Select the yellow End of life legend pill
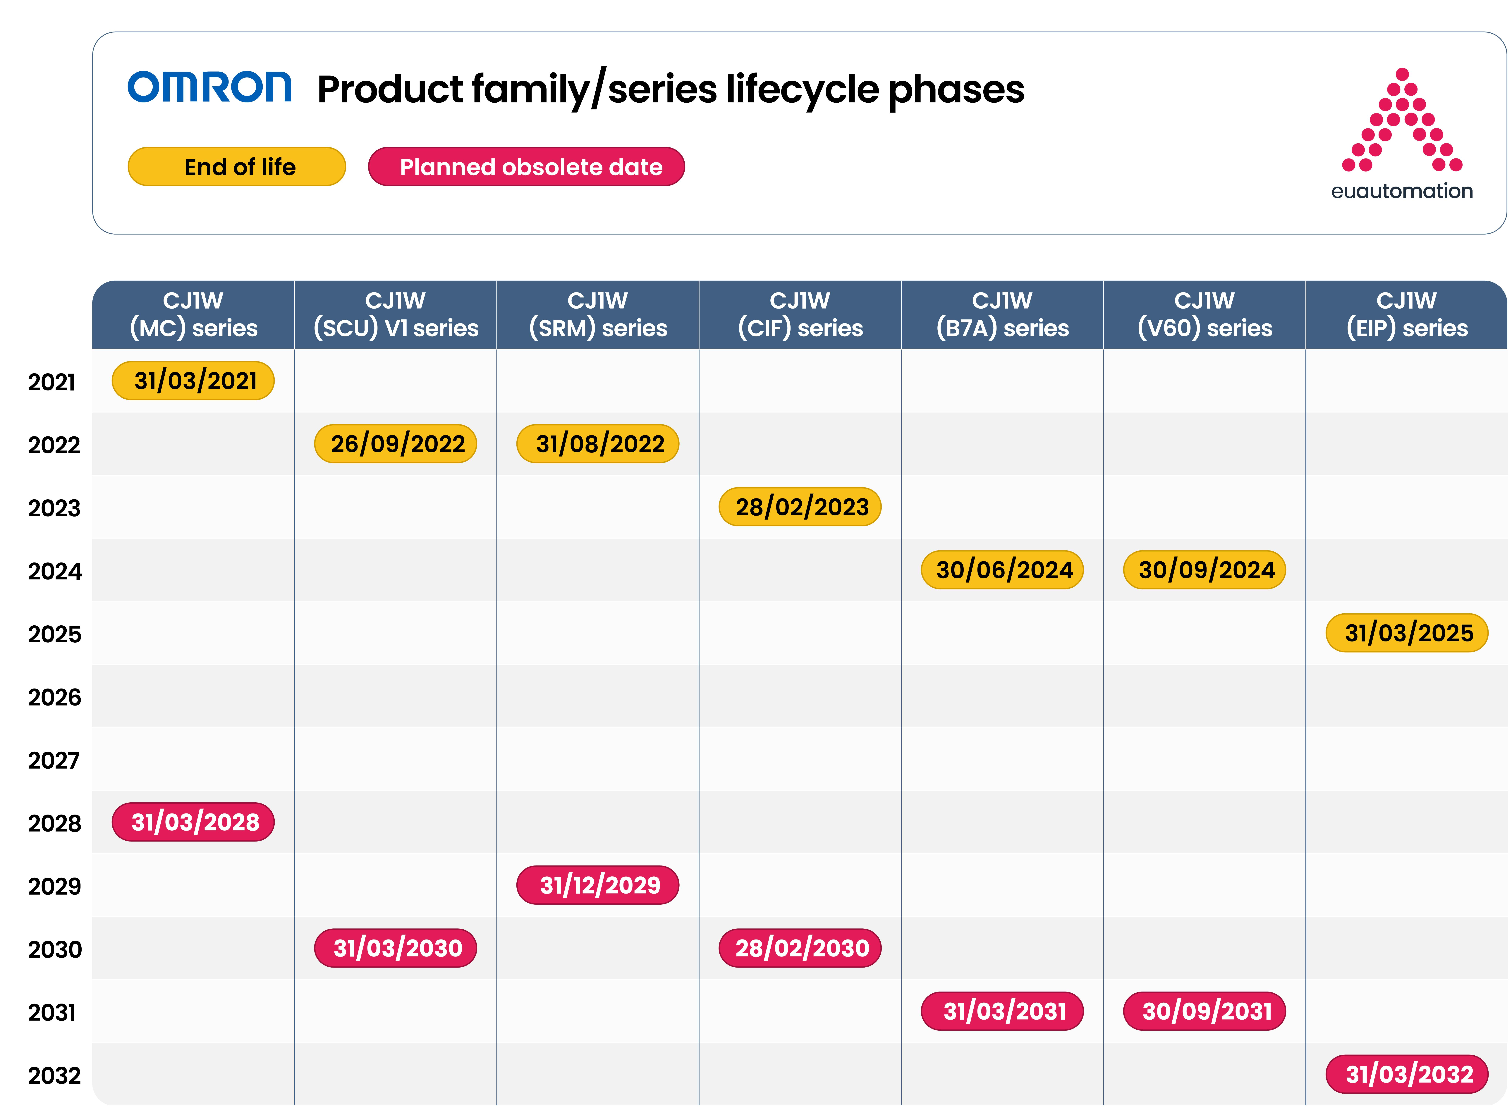[x=237, y=167]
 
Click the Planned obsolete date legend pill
[x=527, y=167]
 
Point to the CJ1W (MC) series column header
[x=193, y=314]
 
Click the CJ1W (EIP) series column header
[x=1407, y=314]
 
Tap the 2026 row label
[x=54, y=697]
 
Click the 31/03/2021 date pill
[x=193, y=381]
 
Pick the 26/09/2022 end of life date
[x=396, y=443]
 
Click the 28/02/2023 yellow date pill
[x=800, y=507]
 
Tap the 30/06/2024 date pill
[x=1002, y=570]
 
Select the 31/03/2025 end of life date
[x=1407, y=633]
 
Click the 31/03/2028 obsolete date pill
[x=193, y=822]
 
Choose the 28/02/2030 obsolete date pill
[x=800, y=948]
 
